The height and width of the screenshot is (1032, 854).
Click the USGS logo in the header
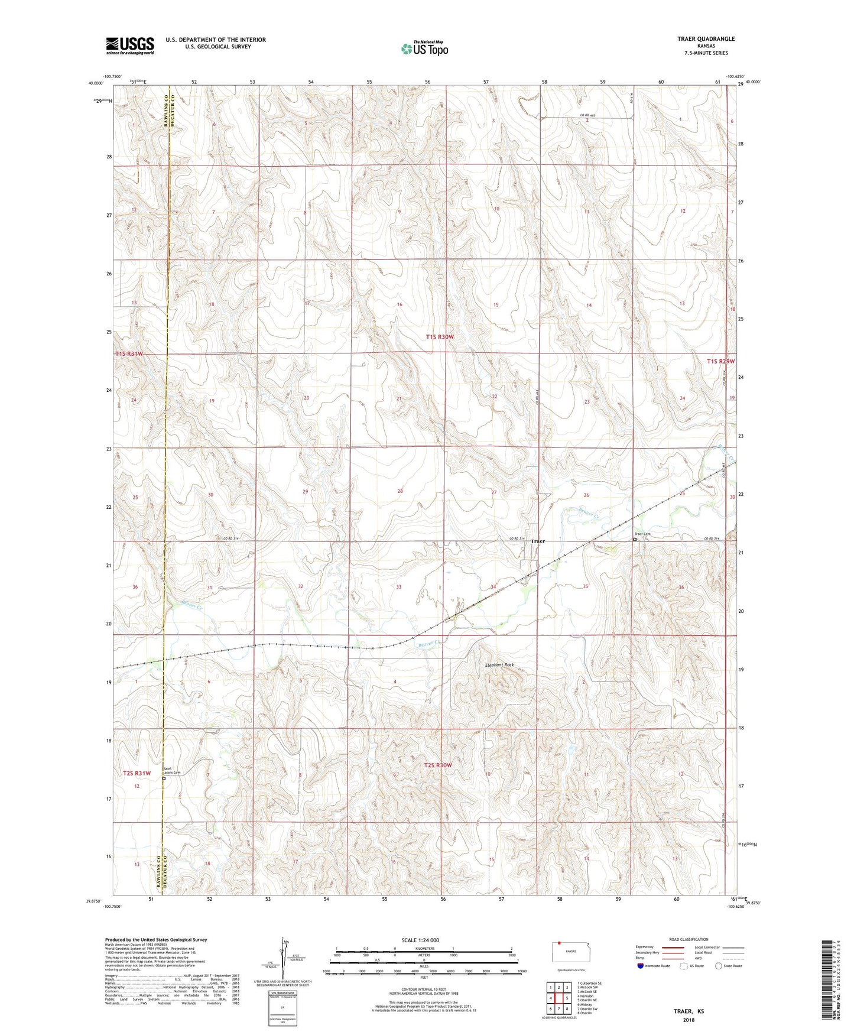point(130,46)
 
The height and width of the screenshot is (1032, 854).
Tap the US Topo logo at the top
point(424,48)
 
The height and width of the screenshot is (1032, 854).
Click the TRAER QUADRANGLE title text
point(706,39)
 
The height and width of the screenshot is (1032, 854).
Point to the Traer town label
point(537,541)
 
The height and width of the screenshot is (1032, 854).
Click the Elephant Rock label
point(499,665)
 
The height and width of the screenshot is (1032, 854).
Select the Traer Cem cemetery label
point(642,534)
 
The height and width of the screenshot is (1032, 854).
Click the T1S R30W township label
point(440,337)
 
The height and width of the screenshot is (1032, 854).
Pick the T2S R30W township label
point(437,765)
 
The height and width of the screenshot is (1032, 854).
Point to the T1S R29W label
point(720,361)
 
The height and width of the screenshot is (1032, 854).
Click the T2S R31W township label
point(137,773)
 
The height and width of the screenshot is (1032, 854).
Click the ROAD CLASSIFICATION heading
point(689,939)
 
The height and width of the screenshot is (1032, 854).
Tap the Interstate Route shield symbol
point(641,966)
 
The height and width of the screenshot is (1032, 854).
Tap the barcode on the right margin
point(828,981)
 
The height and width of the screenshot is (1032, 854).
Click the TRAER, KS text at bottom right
point(689,1011)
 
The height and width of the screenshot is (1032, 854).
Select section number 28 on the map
point(400,492)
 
